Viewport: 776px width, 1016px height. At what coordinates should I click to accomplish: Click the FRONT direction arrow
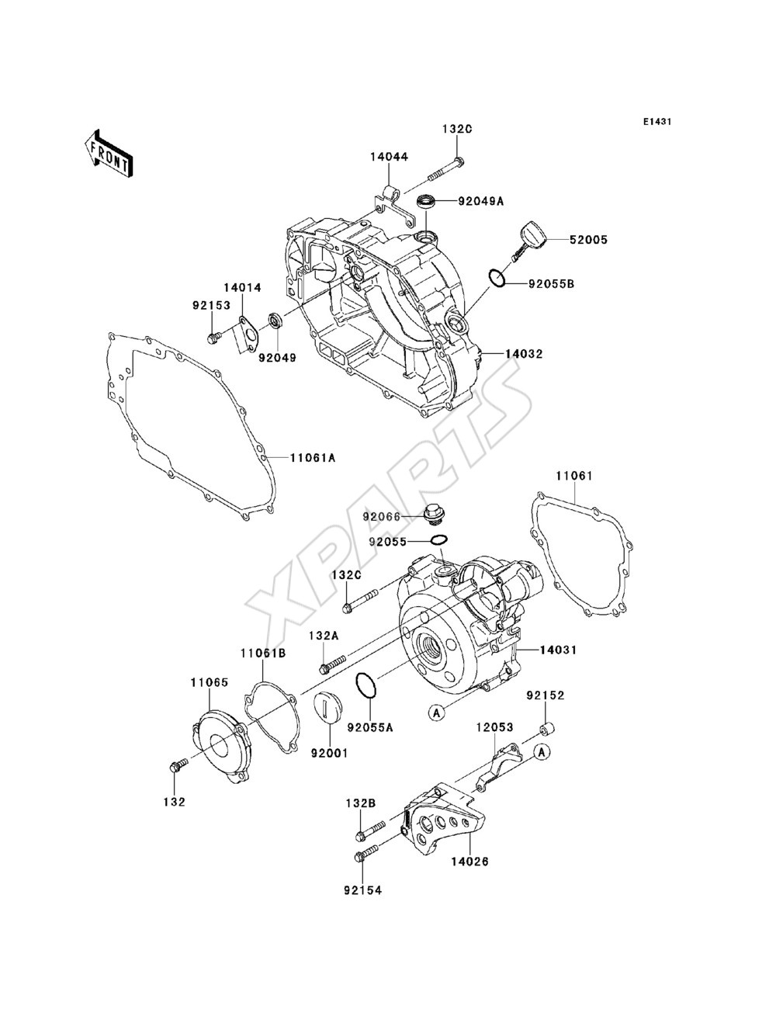pyautogui.click(x=109, y=153)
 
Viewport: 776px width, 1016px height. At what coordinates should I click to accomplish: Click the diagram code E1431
pyautogui.click(x=657, y=122)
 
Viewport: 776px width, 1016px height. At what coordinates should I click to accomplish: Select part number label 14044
pyautogui.click(x=389, y=157)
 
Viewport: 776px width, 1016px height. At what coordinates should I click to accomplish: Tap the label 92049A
pyautogui.click(x=481, y=201)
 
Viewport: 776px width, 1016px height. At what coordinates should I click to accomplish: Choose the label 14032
pyautogui.click(x=524, y=354)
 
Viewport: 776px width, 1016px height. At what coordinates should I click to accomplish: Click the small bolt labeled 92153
pyautogui.click(x=214, y=338)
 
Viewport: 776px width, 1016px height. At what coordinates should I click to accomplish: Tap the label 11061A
pyautogui.click(x=313, y=458)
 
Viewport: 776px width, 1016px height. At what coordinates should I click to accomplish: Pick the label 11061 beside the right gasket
pyautogui.click(x=573, y=475)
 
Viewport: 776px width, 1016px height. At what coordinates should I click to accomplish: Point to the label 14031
pyautogui.click(x=559, y=650)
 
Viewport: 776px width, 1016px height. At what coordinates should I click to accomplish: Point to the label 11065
pyautogui.click(x=210, y=683)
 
